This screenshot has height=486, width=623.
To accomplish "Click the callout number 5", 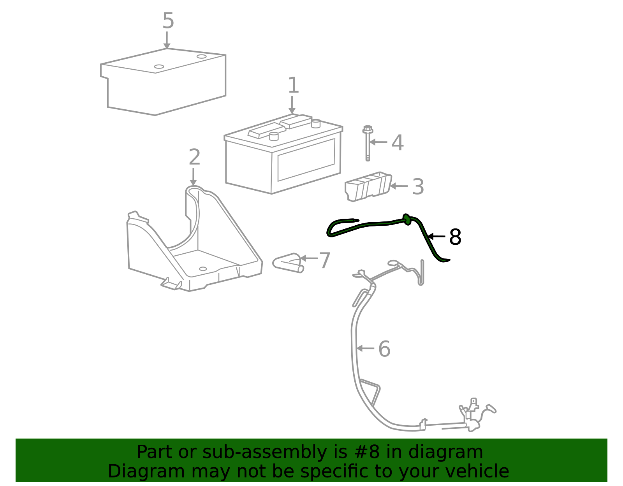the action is (x=168, y=21).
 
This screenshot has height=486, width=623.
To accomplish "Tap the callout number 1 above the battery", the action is (x=293, y=85).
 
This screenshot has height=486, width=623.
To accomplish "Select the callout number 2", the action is (x=194, y=157).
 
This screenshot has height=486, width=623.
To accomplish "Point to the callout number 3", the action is (x=418, y=187).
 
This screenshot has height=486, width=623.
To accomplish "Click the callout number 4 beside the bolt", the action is (x=398, y=143).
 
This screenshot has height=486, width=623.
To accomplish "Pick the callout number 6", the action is (x=384, y=349).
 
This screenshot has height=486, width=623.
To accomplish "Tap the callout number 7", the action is (x=325, y=260).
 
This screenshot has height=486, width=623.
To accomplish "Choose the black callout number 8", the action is (x=455, y=237).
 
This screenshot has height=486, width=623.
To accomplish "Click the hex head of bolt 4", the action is (x=368, y=129).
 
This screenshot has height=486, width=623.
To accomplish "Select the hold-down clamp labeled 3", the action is (x=368, y=187).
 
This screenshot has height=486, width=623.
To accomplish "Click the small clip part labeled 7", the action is (x=288, y=263).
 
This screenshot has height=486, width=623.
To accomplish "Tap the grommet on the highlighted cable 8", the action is (x=407, y=219).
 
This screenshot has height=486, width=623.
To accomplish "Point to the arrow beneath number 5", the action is (x=167, y=40).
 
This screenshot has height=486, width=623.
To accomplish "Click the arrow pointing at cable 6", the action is (x=365, y=349).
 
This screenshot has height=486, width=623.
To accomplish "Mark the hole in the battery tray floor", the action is (x=203, y=268).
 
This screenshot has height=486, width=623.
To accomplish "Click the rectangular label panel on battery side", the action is (x=306, y=160).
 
